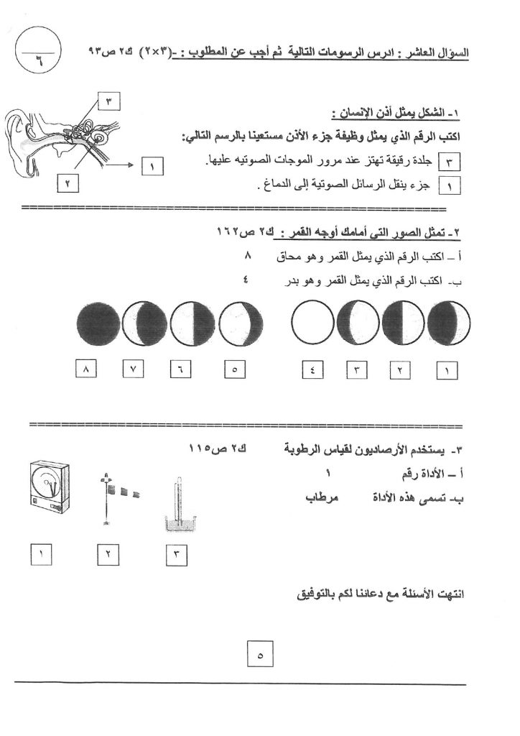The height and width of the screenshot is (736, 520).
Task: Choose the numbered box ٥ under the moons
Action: coord(236,371)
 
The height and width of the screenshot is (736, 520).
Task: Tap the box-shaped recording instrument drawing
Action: coord(47,495)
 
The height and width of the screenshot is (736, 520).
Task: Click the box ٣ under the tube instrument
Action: coord(177,555)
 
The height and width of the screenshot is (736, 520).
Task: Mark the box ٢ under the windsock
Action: coord(108,555)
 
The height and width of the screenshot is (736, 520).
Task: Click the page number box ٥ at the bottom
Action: coord(260,655)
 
